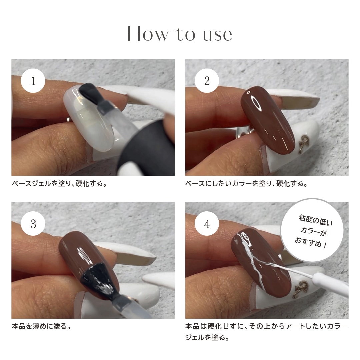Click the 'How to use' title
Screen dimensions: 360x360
point(180,34)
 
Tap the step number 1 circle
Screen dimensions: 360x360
point(33,81)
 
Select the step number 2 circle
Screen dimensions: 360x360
point(207,81)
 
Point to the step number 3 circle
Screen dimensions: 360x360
point(33,223)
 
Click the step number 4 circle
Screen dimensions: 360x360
point(207,223)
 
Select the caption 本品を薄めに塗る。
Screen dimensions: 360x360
point(41,326)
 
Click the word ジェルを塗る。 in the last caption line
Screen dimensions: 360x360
point(207,338)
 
